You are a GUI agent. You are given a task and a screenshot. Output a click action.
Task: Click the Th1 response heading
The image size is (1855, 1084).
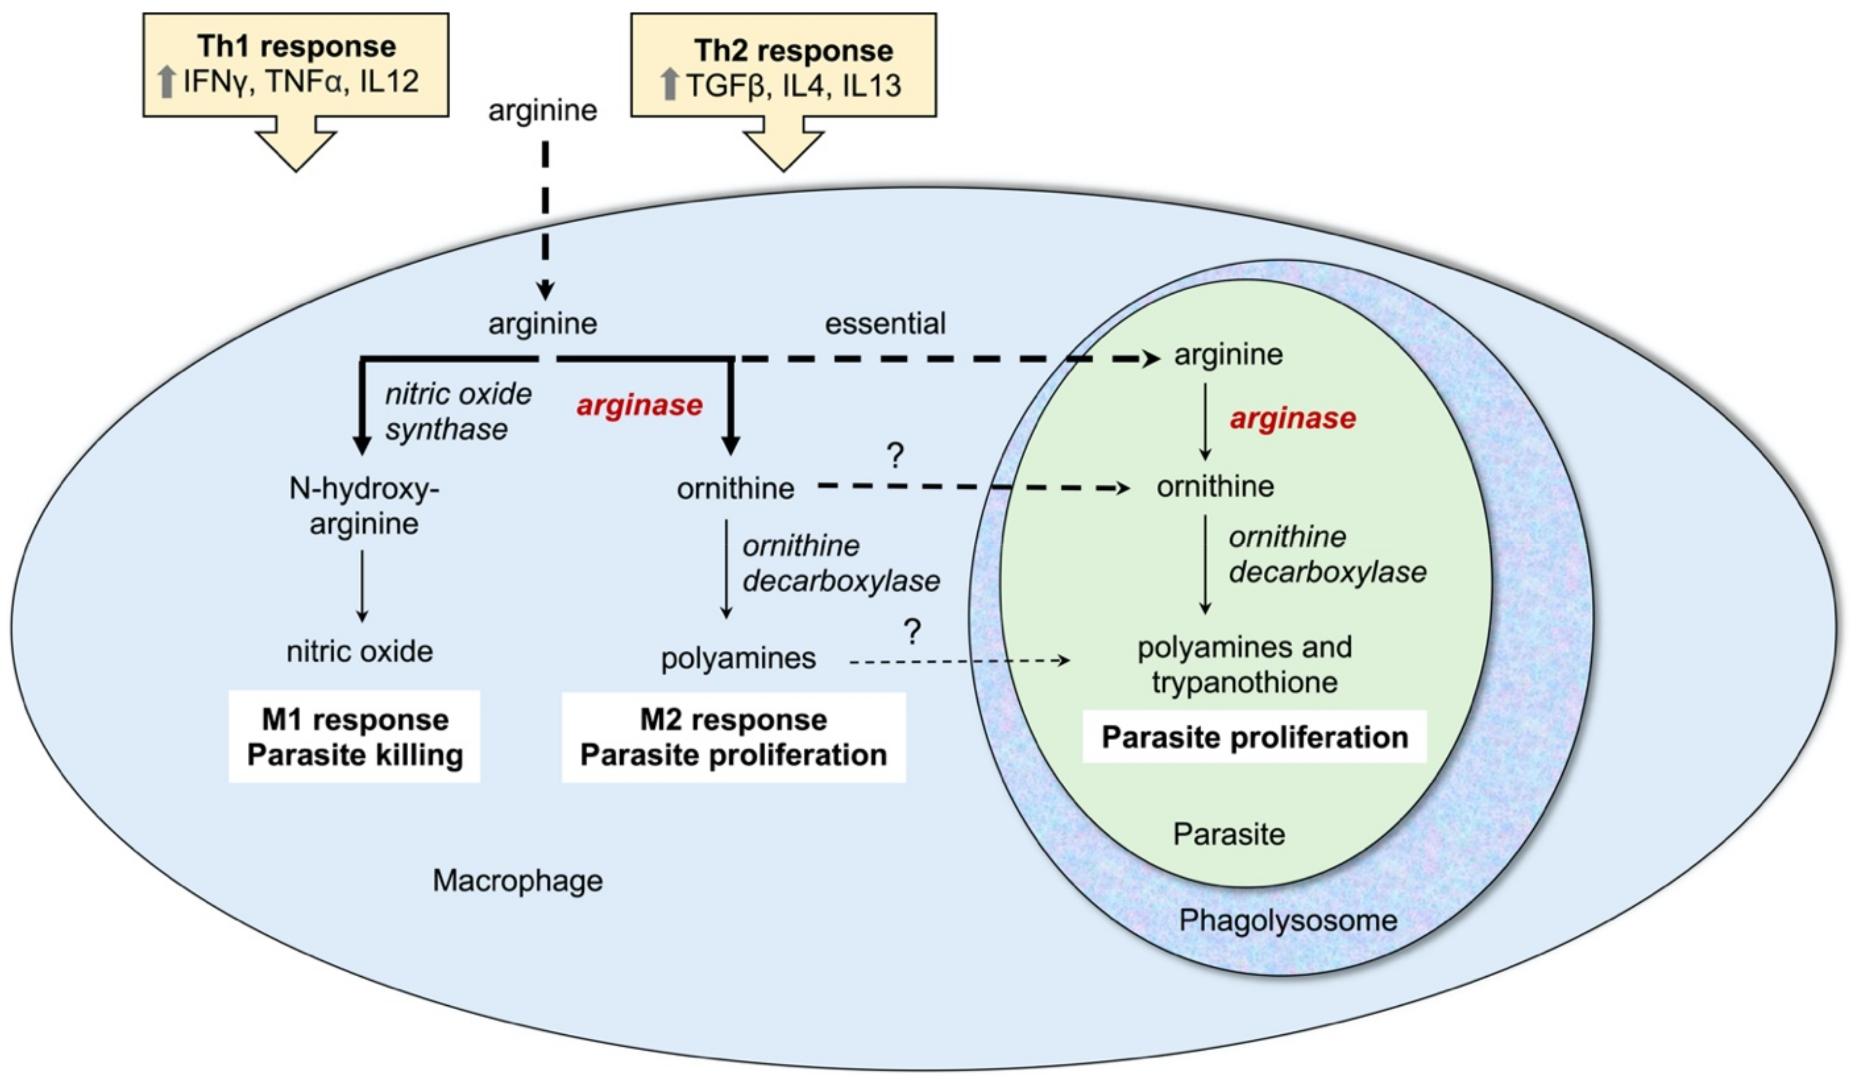click(x=297, y=46)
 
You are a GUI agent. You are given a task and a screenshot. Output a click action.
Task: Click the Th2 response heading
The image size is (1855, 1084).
click(x=794, y=51)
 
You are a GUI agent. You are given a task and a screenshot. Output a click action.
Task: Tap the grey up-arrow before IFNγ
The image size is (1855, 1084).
click(x=167, y=82)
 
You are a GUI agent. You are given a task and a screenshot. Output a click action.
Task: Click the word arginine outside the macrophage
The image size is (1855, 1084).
click(x=542, y=111)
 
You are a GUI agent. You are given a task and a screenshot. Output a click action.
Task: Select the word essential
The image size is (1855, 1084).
click(x=885, y=324)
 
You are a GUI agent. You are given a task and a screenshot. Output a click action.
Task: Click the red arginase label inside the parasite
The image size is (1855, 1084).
click(x=1293, y=419)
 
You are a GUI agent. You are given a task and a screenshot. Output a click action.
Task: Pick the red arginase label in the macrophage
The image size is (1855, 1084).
click(x=640, y=405)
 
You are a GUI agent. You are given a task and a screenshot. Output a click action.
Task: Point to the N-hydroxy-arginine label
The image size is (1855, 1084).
click(x=364, y=506)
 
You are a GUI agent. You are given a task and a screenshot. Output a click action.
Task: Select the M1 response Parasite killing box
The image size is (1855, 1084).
click(x=355, y=737)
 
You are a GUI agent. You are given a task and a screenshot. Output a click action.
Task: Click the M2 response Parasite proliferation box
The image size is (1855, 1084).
click(x=733, y=737)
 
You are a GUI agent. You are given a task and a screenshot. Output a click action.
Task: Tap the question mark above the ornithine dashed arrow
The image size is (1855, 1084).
click(x=895, y=457)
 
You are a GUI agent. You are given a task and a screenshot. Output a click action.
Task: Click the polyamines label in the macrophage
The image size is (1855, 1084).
click(x=738, y=658)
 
